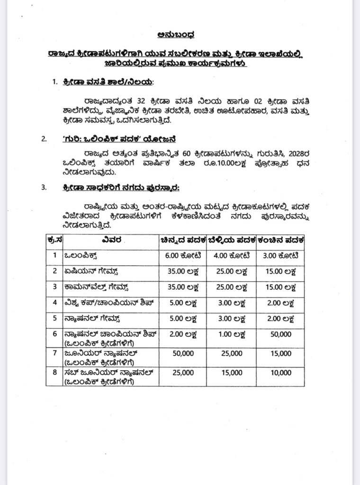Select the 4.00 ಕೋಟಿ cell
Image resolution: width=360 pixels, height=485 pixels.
232,256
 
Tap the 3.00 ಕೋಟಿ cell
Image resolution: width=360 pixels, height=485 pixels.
281,256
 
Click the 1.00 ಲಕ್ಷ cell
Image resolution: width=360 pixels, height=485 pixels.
232,334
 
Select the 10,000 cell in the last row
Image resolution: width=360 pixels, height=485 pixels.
281,373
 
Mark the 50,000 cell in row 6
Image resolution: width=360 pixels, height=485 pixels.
281,334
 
